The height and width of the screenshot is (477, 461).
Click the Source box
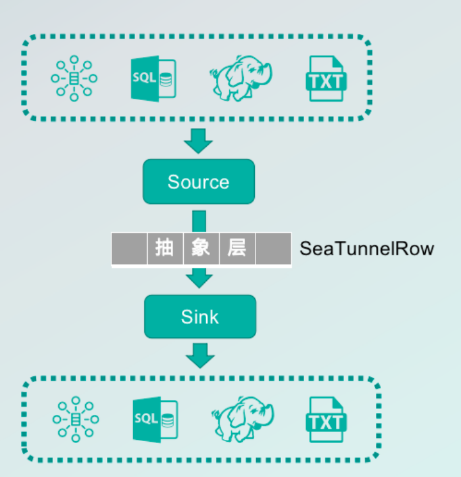(198, 181)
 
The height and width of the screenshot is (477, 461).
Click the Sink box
(200, 316)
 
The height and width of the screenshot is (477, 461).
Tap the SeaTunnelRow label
(366, 249)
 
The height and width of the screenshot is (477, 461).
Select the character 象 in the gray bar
(201, 248)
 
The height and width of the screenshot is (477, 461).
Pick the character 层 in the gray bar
(237, 248)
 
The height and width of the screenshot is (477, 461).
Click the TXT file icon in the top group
(327, 79)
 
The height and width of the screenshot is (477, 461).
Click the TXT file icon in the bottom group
(327, 421)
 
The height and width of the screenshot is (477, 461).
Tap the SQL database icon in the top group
(153, 79)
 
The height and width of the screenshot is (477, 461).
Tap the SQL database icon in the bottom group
(154, 420)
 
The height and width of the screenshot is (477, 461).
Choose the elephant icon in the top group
(240, 78)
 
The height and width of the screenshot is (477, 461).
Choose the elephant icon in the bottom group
(241, 419)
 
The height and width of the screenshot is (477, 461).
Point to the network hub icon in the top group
(74, 79)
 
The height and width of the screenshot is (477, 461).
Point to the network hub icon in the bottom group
(75, 420)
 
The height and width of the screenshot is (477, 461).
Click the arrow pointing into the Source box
(199, 140)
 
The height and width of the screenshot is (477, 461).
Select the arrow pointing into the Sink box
(199, 278)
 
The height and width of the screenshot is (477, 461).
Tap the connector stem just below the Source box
(199, 219)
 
